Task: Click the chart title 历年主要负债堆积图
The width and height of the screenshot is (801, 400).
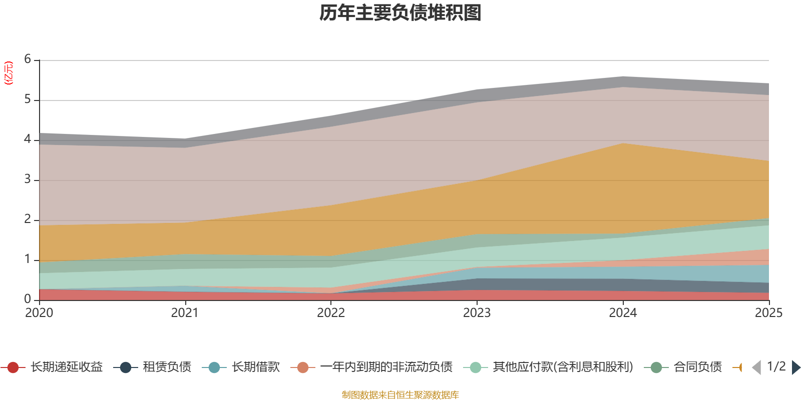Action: (x=400, y=13)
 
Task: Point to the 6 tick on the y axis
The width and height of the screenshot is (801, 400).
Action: (x=28, y=59)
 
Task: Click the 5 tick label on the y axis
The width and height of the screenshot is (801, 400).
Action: (x=28, y=99)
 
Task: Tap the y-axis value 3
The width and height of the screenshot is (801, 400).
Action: (x=28, y=179)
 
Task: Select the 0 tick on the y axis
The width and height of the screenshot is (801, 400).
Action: (x=28, y=299)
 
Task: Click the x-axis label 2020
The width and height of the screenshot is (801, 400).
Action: (x=39, y=313)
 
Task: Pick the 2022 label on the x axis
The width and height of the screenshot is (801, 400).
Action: (x=331, y=313)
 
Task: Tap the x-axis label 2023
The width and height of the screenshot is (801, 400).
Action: (x=477, y=313)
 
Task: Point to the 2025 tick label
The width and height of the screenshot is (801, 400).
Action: (x=768, y=313)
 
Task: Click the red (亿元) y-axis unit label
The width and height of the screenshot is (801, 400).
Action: (x=9, y=73)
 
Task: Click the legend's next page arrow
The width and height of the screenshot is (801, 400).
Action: (x=796, y=367)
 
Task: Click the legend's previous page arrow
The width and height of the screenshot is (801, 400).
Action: (x=756, y=367)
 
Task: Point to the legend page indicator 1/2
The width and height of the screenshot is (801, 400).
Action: (x=776, y=366)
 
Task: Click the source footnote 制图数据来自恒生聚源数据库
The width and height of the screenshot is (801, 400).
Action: (x=400, y=395)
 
